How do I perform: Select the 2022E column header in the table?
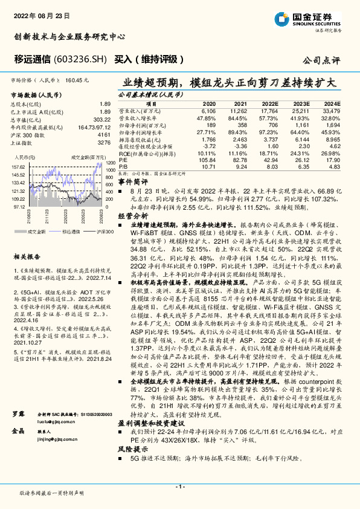[x=269, y=103]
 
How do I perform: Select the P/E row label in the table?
[x=123, y=159]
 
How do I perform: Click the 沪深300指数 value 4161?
[x=104, y=135]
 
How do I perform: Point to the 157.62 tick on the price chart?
[x=18, y=166]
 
